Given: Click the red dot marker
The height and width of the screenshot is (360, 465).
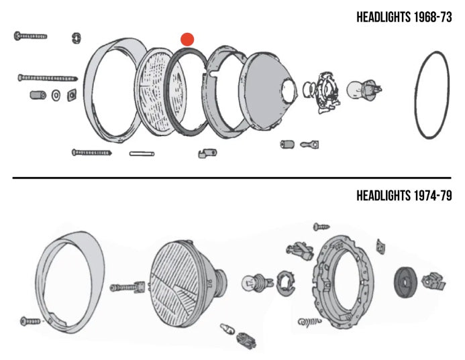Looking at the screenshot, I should point(188,40).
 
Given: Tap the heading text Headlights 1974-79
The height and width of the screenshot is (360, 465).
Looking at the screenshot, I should point(403,196).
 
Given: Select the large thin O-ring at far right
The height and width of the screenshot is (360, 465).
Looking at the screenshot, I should point(431,95).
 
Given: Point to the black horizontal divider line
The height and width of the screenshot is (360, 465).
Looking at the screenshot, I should point(232,178).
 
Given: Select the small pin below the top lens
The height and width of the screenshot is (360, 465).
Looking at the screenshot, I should point(142,154).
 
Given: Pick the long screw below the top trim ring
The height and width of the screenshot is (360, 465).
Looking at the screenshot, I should point(91,153).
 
